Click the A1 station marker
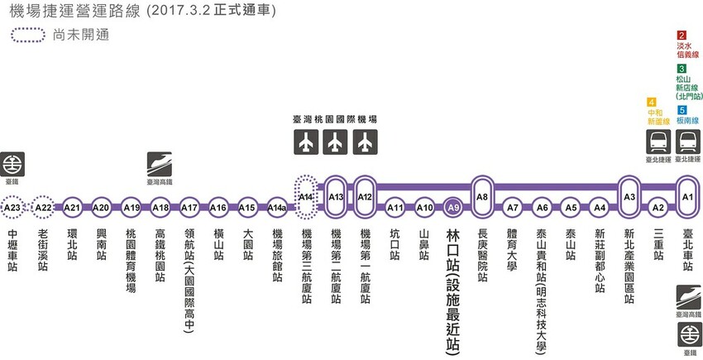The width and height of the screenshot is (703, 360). click(x=686, y=196)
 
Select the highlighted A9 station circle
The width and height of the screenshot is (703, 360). click(x=452, y=207)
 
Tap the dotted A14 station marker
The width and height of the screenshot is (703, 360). click(x=306, y=197)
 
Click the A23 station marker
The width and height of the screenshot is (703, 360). click(x=12, y=207)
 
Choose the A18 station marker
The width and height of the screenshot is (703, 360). click(x=160, y=207)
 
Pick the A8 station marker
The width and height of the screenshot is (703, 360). click(x=482, y=196)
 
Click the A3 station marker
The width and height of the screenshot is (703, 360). click(x=629, y=196)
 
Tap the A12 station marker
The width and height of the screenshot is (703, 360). click(x=366, y=196)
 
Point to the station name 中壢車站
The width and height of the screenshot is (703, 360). click(x=12, y=245)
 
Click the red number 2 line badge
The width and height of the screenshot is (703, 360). click(x=681, y=36)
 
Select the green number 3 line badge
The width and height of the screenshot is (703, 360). click(x=681, y=68)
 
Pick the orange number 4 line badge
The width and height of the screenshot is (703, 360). click(x=652, y=101)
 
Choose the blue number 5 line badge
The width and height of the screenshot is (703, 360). click(x=681, y=110)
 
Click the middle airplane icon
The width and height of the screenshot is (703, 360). click(x=334, y=142)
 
